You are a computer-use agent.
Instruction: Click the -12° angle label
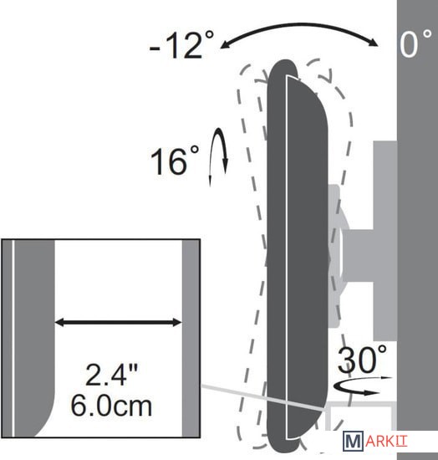[x=181, y=44]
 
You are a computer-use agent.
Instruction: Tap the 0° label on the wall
[x=415, y=43]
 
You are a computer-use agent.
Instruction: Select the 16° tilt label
[x=175, y=161]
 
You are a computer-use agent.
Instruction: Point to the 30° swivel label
[x=362, y=359]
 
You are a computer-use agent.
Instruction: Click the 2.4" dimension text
[x=111, y=374]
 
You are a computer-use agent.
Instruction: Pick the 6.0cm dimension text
[x=111, y=406]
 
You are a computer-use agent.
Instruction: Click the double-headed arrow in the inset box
[x=119, y=322]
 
